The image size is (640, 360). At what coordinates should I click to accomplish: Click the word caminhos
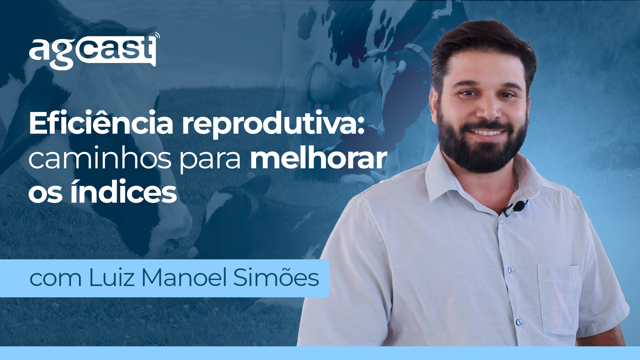100,159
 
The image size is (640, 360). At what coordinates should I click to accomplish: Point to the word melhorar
319,159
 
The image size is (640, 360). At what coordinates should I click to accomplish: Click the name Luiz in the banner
111,277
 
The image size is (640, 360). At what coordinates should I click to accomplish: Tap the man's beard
482,143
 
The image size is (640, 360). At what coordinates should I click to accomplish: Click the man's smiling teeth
487,133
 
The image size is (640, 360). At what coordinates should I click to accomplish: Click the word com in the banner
55,279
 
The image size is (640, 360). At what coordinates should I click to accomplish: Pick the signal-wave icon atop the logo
157,36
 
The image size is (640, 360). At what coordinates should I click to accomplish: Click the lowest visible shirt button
519,322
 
